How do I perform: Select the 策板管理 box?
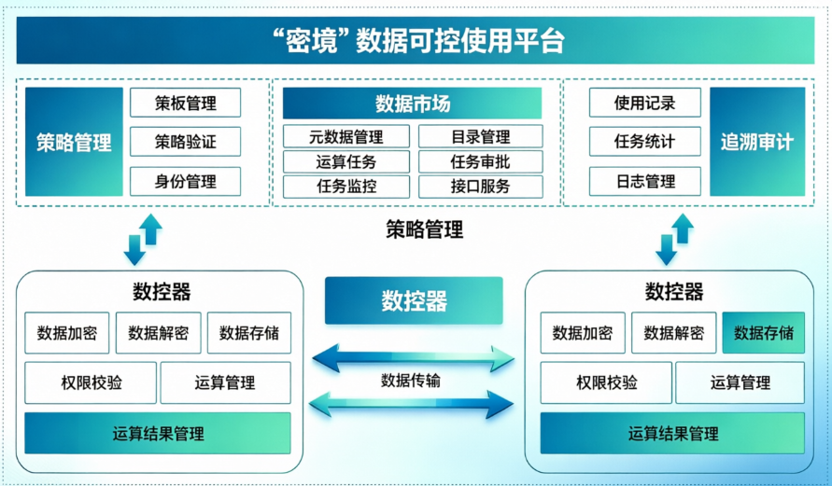185,102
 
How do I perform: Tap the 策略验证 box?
185,142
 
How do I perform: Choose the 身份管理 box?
185,181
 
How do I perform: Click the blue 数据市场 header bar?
412,104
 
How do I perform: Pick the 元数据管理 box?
345,137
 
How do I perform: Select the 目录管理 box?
480,137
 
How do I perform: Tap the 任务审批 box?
480,161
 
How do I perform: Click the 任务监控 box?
345,186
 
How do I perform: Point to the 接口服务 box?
480,186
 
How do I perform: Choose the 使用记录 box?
644,103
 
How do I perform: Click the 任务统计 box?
644,142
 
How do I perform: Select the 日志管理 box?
644,181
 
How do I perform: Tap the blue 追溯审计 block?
756,142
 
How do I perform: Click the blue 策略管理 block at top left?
74,142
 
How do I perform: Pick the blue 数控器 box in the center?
414,300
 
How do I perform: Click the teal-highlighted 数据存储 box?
763,333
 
